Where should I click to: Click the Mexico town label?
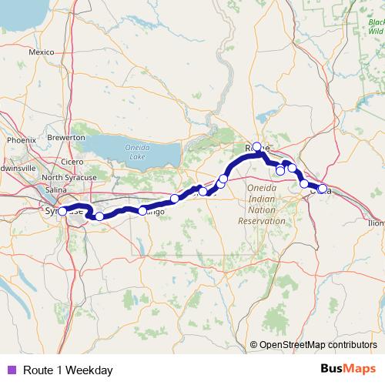(40, 52)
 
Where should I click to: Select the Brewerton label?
(67, 136)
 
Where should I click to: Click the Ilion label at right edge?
(377, 223)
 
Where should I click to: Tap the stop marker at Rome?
(257, 146)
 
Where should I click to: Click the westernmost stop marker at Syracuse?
(62, 210)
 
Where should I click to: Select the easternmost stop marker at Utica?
(322, 189)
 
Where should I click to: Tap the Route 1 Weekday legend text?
(68, 370)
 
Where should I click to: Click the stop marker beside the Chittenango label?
(142, 210)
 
